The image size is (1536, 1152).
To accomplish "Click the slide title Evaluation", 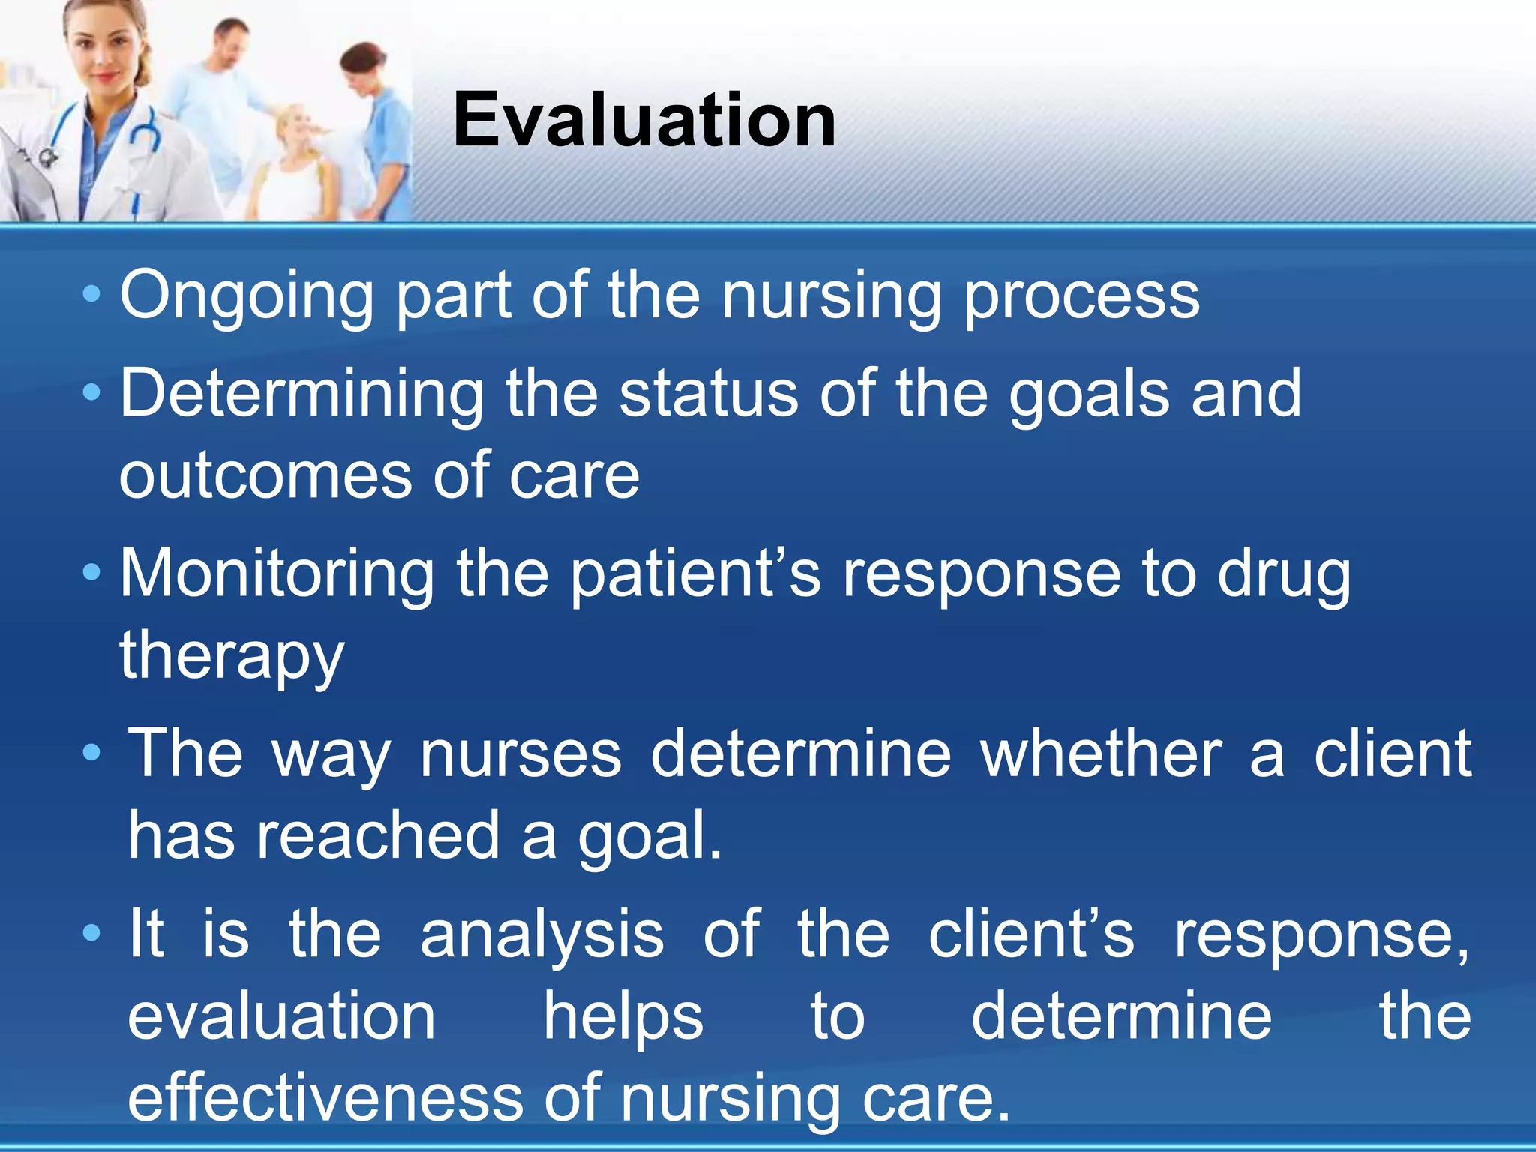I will [x=643, y=120].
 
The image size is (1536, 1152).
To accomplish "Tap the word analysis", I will [x=541, y=934].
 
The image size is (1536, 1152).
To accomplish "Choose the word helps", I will [x=623, y=1017].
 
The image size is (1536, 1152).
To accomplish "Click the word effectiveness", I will [x=325, y=1098].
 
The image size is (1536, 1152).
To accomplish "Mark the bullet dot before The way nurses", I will [x=91, y=752].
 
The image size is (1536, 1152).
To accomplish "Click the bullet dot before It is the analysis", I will [x=91, y=933].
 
